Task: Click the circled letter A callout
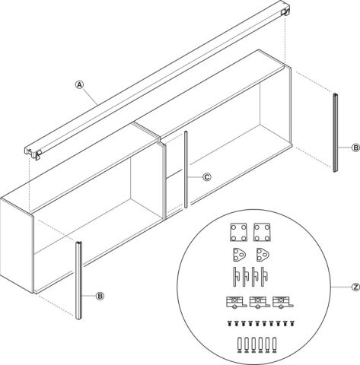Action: pos(80,84)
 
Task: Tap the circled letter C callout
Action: pos(207,177)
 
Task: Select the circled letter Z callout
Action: pos(356,287)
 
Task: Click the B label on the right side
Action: pos(356,148)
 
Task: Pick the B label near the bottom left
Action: pos(100,296)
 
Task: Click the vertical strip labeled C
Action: pos(186,170)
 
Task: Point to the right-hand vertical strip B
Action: pos(336,132)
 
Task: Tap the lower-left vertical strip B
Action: pos(79,281)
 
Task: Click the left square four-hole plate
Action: pos(238,232)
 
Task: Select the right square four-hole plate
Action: pos(262,232)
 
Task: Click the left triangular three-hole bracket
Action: pos(240,255)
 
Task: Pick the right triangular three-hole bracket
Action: pos(263,255)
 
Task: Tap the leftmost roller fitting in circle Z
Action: pos(236,302)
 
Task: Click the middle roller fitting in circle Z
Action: pos(260,302)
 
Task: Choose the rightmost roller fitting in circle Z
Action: pos(283,302)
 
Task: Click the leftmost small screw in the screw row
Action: pos(229,323)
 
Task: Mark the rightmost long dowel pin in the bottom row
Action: pos(274,345)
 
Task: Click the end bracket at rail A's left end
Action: pos(33,153)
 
